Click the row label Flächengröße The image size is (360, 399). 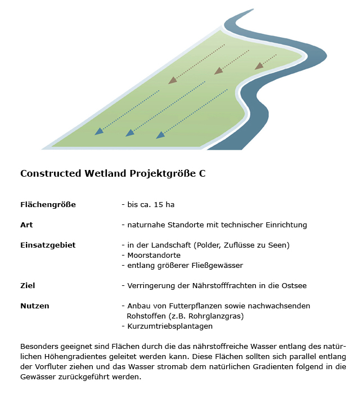(x=48, y=204)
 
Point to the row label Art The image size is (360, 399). (x=26, y=225)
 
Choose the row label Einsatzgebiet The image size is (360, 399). (x=48, y=245)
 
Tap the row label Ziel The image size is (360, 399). (x=28, y=286)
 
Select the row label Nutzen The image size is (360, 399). (x=35, y=306)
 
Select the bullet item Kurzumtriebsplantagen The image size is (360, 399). (x=169, y=326)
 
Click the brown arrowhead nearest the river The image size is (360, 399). (x=259, y=66)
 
